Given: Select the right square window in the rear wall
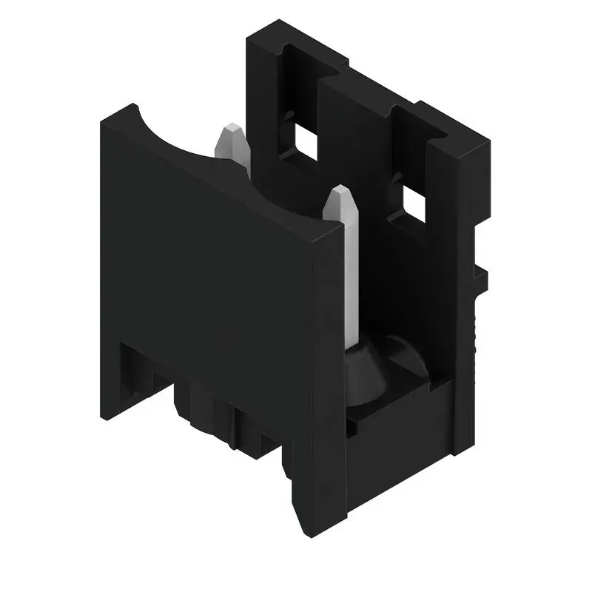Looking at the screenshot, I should pyautogui.click(x=414, y=203).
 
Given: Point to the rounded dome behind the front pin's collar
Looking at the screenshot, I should pyautogui.click(x=403, y=359).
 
